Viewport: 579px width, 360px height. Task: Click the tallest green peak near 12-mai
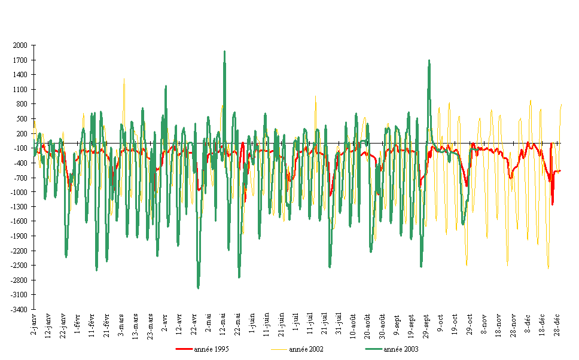tap(224, 52)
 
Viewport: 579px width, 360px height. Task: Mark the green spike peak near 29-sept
tap(429, 60)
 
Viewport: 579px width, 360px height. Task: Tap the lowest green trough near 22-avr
tap(198, 288)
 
